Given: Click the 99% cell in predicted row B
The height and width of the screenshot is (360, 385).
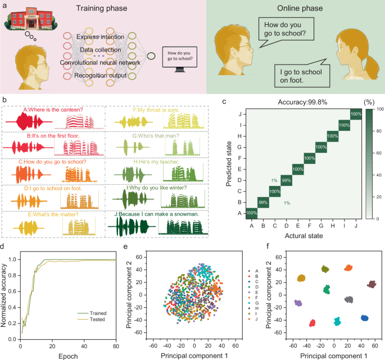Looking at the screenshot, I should pos(263,202).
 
